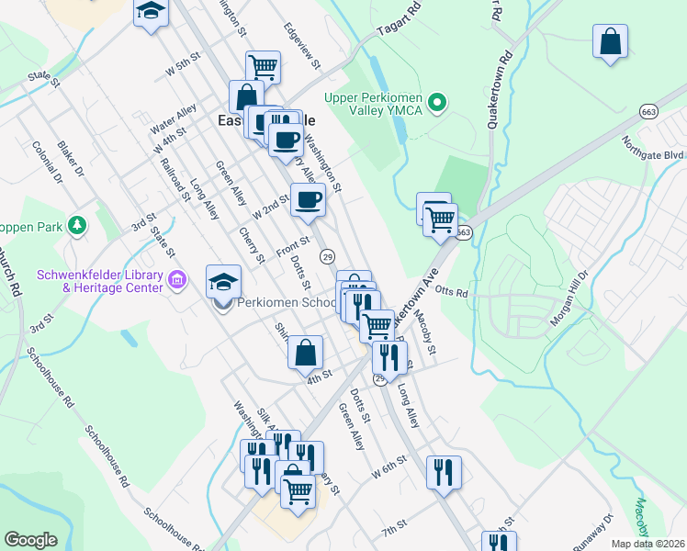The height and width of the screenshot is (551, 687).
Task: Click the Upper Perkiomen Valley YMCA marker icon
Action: coord(438,101)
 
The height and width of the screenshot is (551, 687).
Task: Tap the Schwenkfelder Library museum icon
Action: coord(178,278)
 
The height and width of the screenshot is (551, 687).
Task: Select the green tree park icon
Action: coord(80,224)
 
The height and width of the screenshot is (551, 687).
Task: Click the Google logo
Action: coord(30,540)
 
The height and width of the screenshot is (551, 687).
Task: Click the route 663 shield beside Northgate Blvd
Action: coord(649,111)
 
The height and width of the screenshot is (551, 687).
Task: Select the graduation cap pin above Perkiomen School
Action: coord(223,281)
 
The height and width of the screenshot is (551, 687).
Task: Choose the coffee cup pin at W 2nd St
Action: coord(308,199)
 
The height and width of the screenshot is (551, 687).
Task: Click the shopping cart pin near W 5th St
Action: coord(263,66)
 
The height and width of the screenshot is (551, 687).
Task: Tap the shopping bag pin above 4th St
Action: coord(306,353)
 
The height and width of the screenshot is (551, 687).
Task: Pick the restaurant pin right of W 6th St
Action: coord(444,472)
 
